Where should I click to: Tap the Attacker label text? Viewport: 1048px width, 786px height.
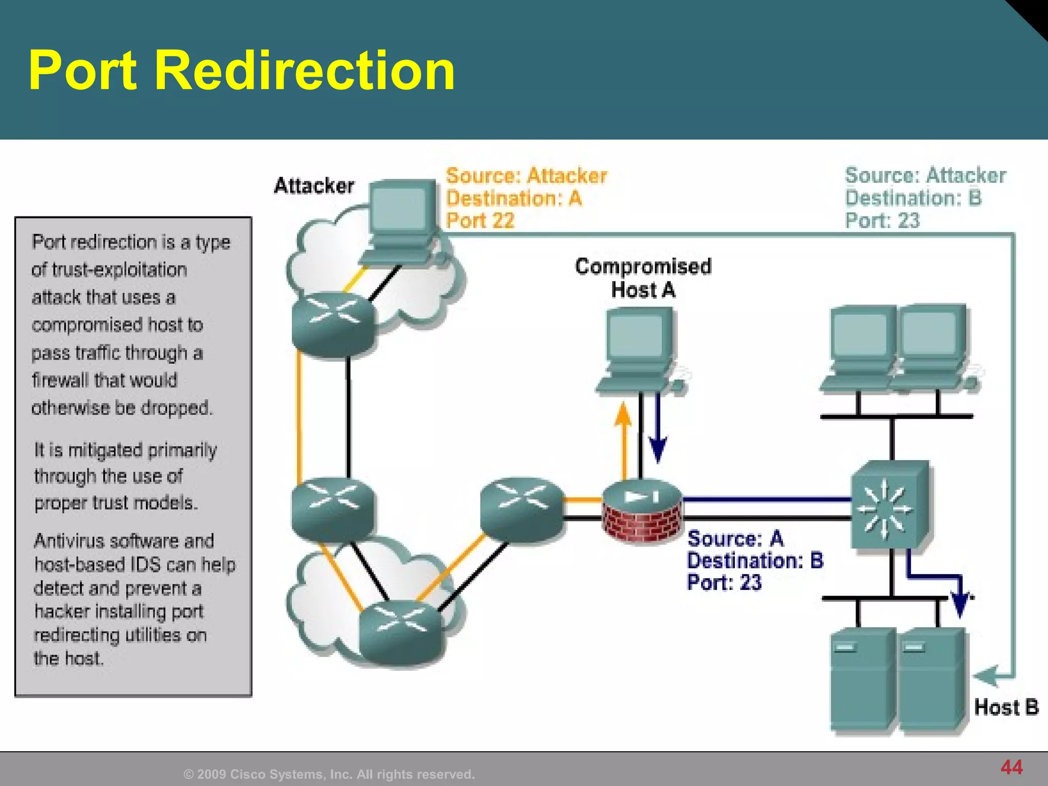tap(314, 186)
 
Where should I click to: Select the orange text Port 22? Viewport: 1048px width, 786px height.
tap(479, 221)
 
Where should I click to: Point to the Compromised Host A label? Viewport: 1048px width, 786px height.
tap(643, 278)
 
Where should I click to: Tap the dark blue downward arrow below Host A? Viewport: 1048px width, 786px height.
tap(658, 435)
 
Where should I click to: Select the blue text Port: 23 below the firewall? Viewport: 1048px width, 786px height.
tap(724, 582)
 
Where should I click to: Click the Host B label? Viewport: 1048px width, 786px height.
tap(1006, 707)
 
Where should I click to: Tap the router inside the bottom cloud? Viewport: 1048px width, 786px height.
tap(400, 631)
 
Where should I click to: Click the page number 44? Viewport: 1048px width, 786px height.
tap(1011, 767)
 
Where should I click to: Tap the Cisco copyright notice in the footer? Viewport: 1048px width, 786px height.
tap(329, 774)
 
